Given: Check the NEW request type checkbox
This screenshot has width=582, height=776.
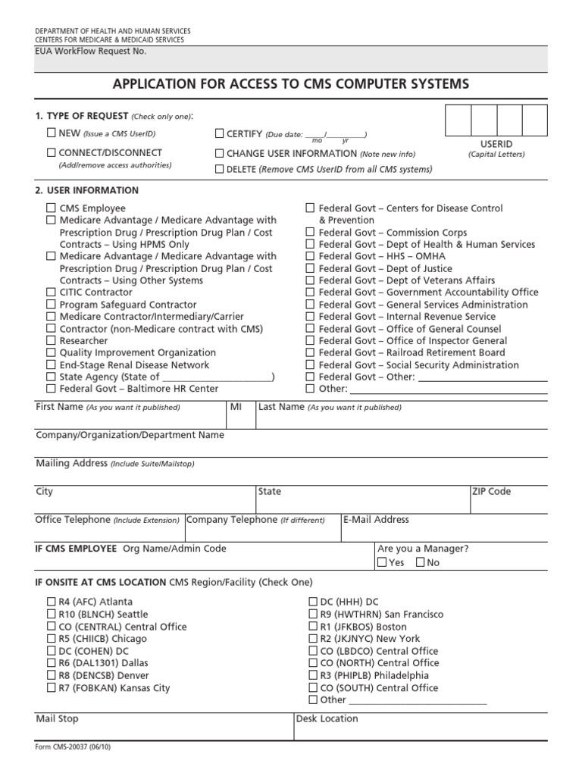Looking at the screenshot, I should click(x=51, y=133).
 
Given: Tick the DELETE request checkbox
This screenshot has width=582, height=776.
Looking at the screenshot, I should click(x=220, y=169).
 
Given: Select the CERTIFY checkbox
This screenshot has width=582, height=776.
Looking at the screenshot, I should click(x=220, y=133).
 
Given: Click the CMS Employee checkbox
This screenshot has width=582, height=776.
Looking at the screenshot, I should click(x=51, y=208).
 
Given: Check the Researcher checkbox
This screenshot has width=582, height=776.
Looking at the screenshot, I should click(x=51, y=341).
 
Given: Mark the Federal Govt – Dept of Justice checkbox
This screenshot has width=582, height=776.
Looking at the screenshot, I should click(x=310, y=268).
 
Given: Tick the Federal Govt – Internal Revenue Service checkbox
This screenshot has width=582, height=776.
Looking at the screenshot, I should click(x=310, y=317).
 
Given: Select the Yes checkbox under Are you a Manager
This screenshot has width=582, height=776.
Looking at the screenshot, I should click(x=382, y=563).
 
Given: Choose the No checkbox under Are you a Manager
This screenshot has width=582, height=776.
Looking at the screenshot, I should click(x=421, y=563).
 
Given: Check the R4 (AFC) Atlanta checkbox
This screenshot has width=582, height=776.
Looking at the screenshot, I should click(x=51, y=602).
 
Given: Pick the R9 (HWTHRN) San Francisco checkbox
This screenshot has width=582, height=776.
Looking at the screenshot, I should click(x=312, y=615).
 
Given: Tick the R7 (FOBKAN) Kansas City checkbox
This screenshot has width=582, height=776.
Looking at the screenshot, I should click(x=51, y=688).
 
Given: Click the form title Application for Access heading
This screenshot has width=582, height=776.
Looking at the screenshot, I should click(x=291, y=83).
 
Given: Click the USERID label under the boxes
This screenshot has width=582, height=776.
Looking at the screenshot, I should click(x=496, y=143).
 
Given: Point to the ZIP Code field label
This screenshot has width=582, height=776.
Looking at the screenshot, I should click(x=491, y=492).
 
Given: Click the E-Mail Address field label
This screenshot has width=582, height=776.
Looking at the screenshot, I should click(x=376, y=520).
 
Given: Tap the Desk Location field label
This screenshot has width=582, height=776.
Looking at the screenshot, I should click(x=327, y=718).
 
